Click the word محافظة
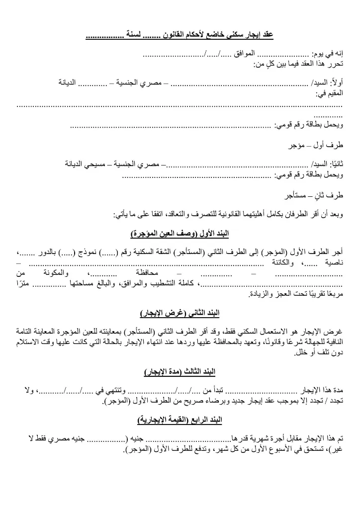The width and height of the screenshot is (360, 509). pos(147,273)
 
